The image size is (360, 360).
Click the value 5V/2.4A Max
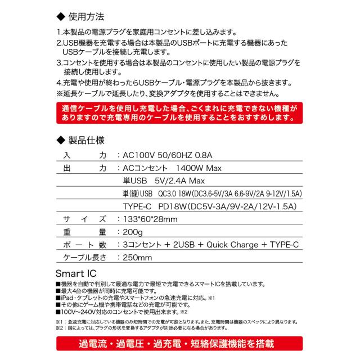178,181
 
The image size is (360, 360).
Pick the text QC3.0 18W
178,194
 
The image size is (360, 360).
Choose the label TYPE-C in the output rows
139,206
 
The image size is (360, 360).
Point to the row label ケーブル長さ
84,258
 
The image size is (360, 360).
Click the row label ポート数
84,245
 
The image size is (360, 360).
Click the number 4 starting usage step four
60,83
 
